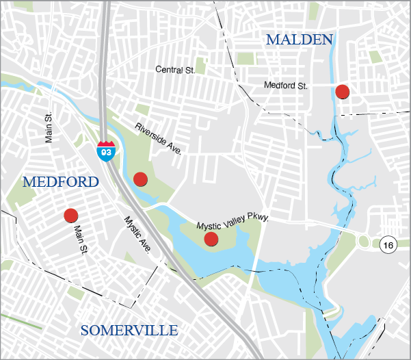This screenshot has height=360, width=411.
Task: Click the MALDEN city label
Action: [x=299, y=40]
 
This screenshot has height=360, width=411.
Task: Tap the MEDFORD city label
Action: [x=61, y=182]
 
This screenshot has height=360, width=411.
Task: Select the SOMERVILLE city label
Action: [x=129, y=331]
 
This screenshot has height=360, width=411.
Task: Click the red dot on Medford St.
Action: [x=343, y=91]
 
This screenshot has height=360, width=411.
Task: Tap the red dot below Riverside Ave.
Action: [x=140, y=179]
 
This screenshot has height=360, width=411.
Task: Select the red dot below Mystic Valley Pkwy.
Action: [x=211, y=239]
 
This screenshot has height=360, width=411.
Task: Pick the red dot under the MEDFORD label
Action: [x=70, y=216]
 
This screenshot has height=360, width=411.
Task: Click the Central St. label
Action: [x=176, y=70]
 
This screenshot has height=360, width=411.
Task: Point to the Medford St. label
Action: [x=287, y=86]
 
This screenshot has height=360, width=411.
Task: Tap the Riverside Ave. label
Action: [x=159, y=138]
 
